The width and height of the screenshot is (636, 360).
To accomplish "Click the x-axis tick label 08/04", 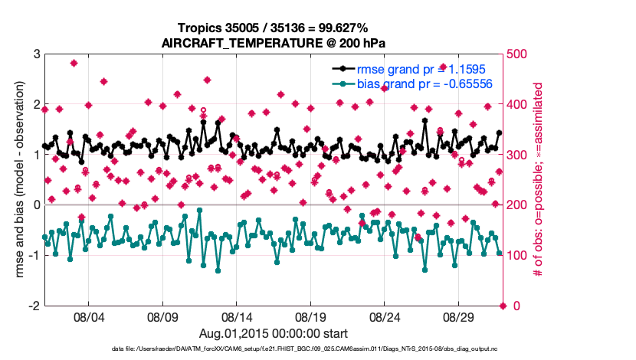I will [88, 316].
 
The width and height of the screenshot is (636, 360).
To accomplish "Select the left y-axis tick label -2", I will [33, 306].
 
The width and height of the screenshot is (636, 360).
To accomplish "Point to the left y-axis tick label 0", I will [36, 205].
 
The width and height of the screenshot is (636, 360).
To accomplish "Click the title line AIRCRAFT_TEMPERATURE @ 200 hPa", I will [274, 43].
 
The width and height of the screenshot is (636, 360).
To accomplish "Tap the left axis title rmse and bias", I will [18, 180].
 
